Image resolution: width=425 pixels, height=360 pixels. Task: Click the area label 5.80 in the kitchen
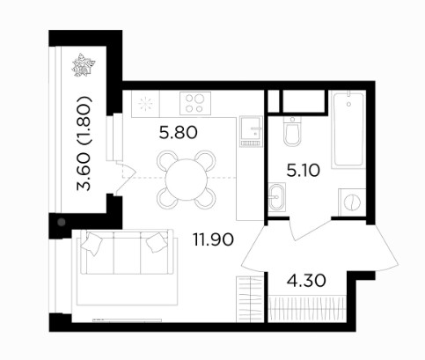(179, 133)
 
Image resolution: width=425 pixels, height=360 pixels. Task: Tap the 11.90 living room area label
(213, 239)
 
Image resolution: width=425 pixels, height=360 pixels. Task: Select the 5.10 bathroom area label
(303, 170)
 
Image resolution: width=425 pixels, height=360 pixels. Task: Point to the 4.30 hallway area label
(306, 281)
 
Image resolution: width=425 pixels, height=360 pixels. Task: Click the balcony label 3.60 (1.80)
(84, 143)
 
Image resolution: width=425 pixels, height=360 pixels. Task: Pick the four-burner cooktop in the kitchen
(195, 103)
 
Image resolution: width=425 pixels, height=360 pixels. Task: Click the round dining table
(187, 180)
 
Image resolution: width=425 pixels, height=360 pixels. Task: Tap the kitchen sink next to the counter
(251, 131)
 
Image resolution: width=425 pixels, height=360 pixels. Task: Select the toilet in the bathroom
(292, 131)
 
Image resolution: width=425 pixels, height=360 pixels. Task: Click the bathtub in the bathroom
(348, 129)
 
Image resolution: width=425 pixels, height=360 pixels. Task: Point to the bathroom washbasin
(276, 197)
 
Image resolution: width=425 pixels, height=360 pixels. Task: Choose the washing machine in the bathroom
(352, 202)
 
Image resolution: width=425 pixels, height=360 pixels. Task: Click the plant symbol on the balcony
(84, 65)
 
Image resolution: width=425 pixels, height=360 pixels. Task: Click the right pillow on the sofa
(158, 242)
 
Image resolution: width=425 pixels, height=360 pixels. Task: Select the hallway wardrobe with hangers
(306, 309)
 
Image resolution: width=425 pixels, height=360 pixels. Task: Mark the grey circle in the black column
(62, 222)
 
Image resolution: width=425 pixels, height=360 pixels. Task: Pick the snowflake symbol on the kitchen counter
(146, 103)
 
